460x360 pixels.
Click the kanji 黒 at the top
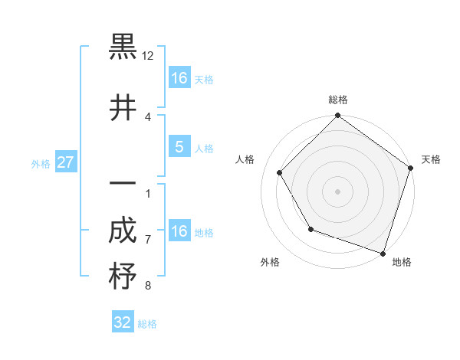[x=123, y=47]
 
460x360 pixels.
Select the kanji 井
[x=123, y=108]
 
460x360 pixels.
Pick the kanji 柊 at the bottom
[x=123, y=277]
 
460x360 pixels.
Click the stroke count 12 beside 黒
[x=148, y=56]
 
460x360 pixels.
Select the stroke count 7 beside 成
[x=148, y=239]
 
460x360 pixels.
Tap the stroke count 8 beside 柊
[x=148, y=286]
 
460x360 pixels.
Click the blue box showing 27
[x=65, y=162]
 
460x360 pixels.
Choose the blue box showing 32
[x=123, y=322]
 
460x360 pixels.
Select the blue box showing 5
[x=179, y=147]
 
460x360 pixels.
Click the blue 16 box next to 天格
[x=179, y=78]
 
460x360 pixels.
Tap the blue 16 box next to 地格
[x=179, y=231]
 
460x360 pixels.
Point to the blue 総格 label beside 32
[x=147, y=324]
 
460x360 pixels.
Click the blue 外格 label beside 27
[x=41, y=163]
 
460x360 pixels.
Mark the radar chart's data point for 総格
[x=337, y=116]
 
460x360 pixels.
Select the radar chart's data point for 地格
[x=383, y=252]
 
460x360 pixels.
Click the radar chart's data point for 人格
[x=280, y=172]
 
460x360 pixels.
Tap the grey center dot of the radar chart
[x=337, y=191]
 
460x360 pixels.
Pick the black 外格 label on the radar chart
[x=270, y=262]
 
